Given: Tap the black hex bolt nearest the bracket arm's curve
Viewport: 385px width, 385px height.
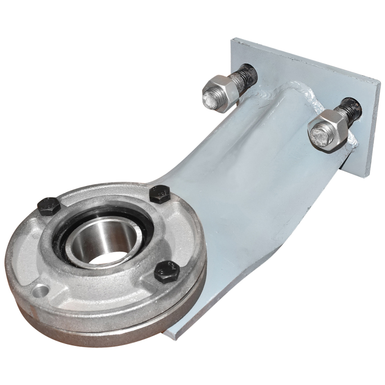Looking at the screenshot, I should tap(159, 193).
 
